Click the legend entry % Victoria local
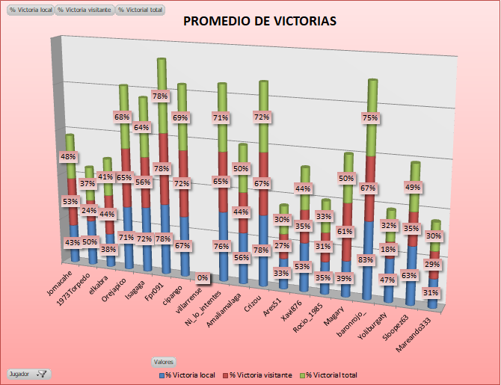pos(190,374)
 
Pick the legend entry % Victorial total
pos(331,374)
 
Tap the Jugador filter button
pos(28,373)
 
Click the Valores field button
pos(164,362)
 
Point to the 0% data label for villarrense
pos(203,277)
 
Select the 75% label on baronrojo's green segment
pos(369,117)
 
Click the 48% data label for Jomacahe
pos(67,157)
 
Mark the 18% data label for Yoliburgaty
pos(387,249)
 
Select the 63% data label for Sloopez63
pos(408,275)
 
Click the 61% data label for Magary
pos(345,231)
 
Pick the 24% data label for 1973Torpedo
pos(89,209)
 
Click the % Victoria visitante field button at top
pos(84,10)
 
